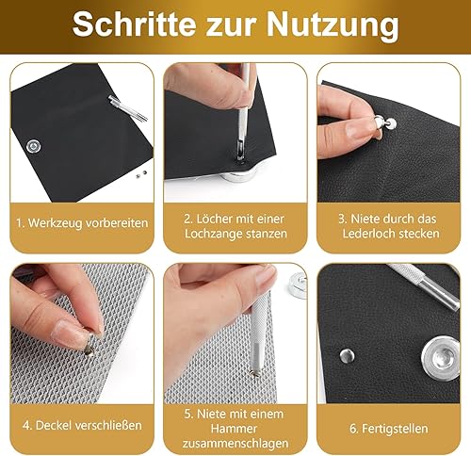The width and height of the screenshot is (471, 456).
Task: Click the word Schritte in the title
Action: pos(135,24)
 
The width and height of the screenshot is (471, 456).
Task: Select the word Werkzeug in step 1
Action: pos(55,223)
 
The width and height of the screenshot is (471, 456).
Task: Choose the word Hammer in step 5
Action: pos(235,429)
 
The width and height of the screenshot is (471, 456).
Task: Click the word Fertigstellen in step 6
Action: pos(395,429)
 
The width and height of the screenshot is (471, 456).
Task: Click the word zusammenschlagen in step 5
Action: pos(235,444)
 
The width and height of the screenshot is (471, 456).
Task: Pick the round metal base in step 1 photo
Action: pos(33,146)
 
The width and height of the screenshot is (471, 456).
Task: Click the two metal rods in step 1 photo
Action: pos(128,108)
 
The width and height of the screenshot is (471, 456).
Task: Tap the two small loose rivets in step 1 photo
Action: pos(141,173)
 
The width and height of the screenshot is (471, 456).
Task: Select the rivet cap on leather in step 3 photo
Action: pos(391,123)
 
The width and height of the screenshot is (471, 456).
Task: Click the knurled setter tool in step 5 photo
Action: pos(259,333)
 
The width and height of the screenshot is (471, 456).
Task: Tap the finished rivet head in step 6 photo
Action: pos(348,356)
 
